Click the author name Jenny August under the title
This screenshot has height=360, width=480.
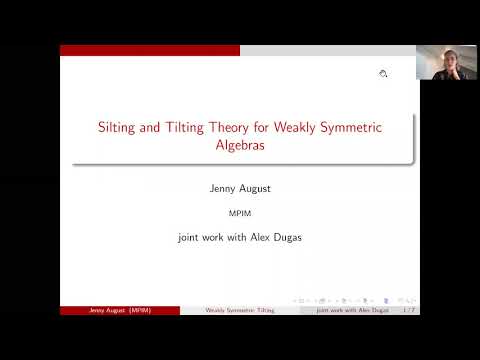tap(239, 187)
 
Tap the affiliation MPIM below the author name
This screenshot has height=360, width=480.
tap(239, 212)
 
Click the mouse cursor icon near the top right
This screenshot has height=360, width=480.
tap(383, 74)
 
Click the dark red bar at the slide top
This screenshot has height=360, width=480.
tap(150, 50)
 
